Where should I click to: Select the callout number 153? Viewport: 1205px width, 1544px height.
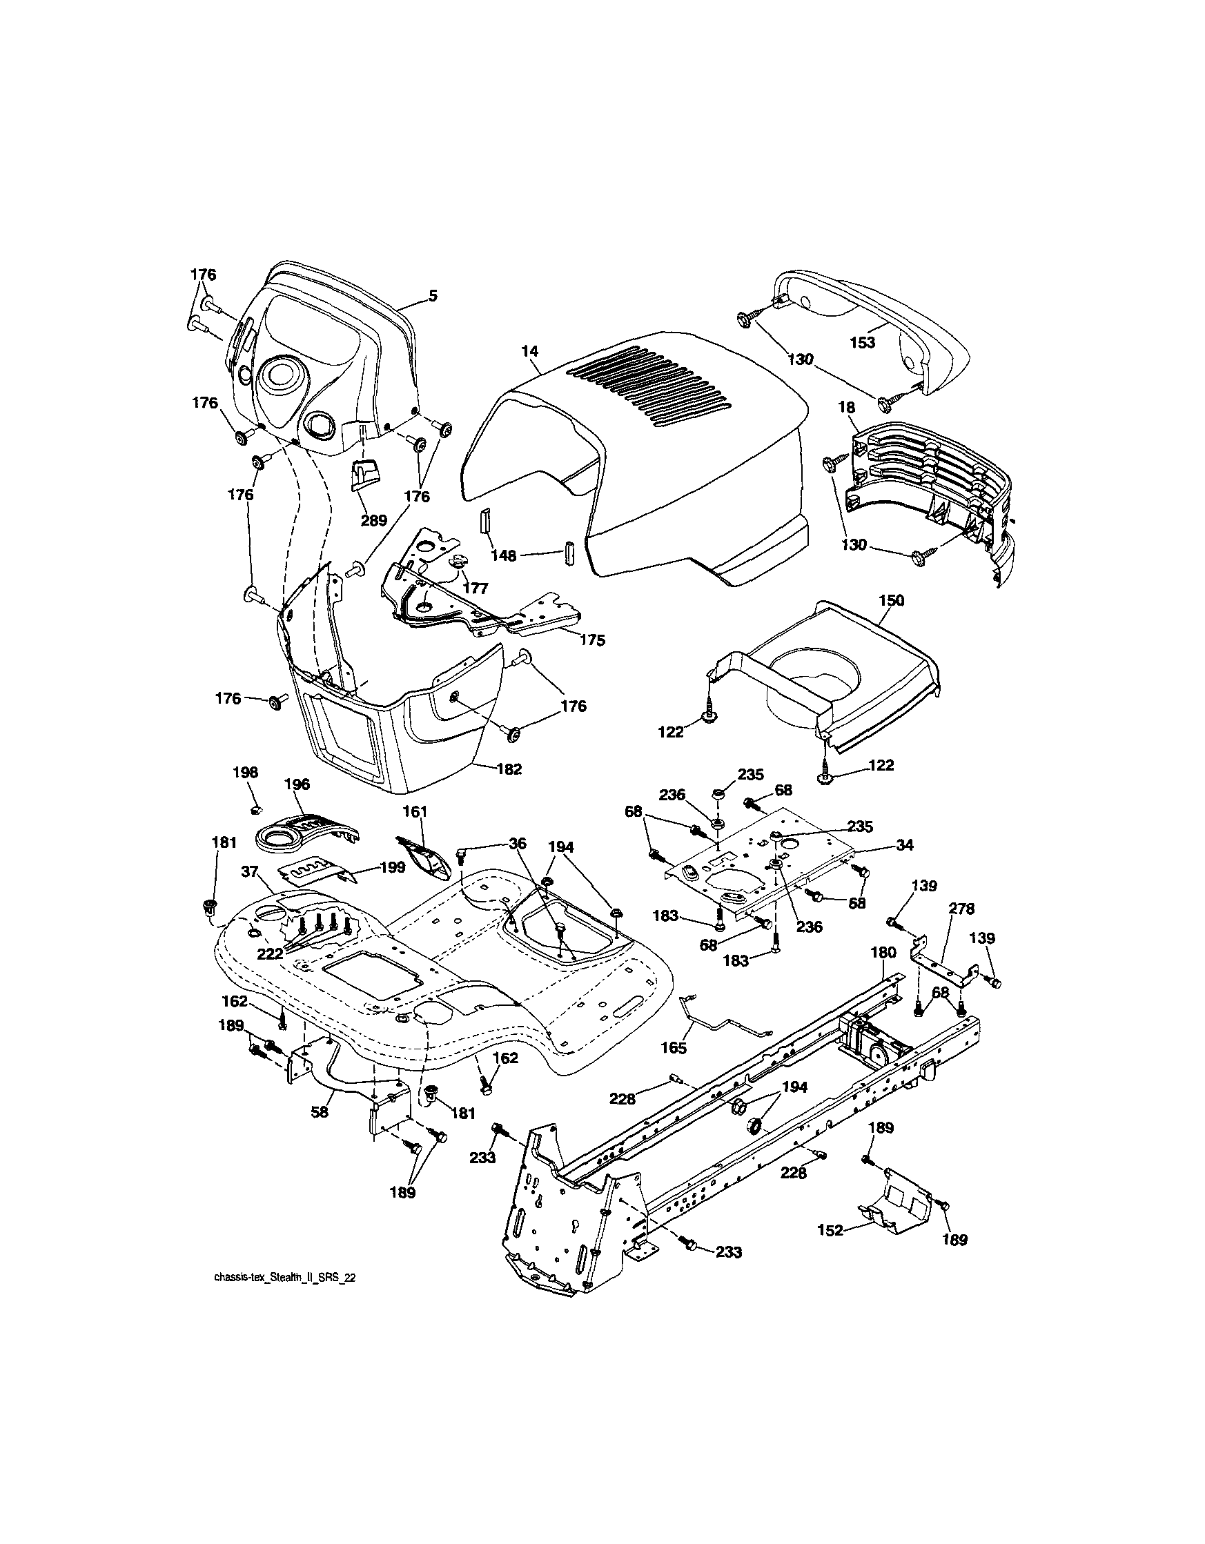pyautogui.click(x=863, y=342)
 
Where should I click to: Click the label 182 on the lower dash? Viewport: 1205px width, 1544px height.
pyautogui.click(x=509, y=769)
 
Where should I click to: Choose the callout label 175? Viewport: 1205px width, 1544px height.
pyautogui.click(x=592, y=640)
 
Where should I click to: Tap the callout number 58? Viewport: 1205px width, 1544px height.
pyautogui.click(x=320, y=1112)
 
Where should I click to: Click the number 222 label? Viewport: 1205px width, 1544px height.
pyautogui.click(x=269, y=953)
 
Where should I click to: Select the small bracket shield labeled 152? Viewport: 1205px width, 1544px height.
pyautogui.click(x=898, y=1204)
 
